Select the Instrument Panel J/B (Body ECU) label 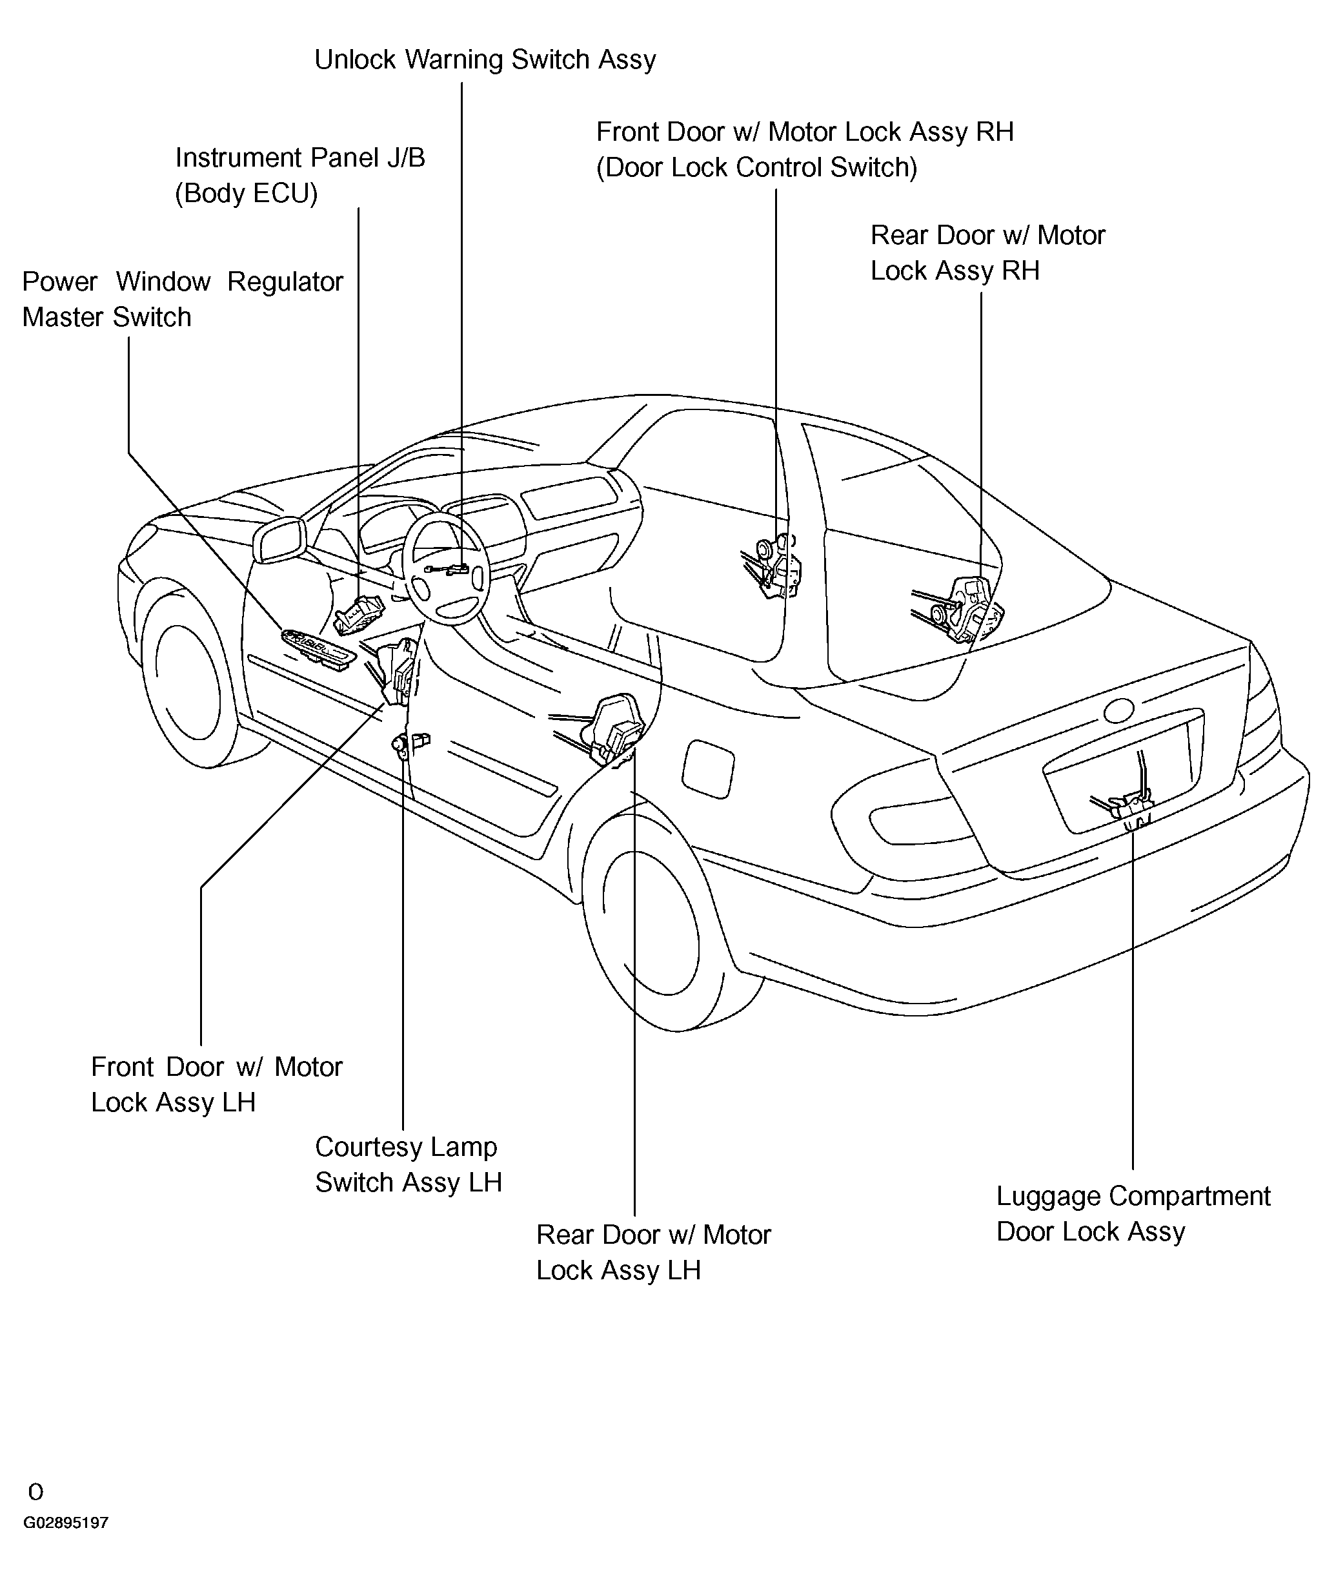click(x=300, y=176)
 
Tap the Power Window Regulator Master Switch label click(x=182, y=299)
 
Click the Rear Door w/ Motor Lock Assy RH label click(x=987, y=253)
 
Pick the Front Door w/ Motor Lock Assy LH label click(x=217, y=1084)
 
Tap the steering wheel click(x=446, y=568)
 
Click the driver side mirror click(x=280, y=541)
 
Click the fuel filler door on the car click(x=708, y=769)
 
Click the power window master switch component click(x=318, y=648)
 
